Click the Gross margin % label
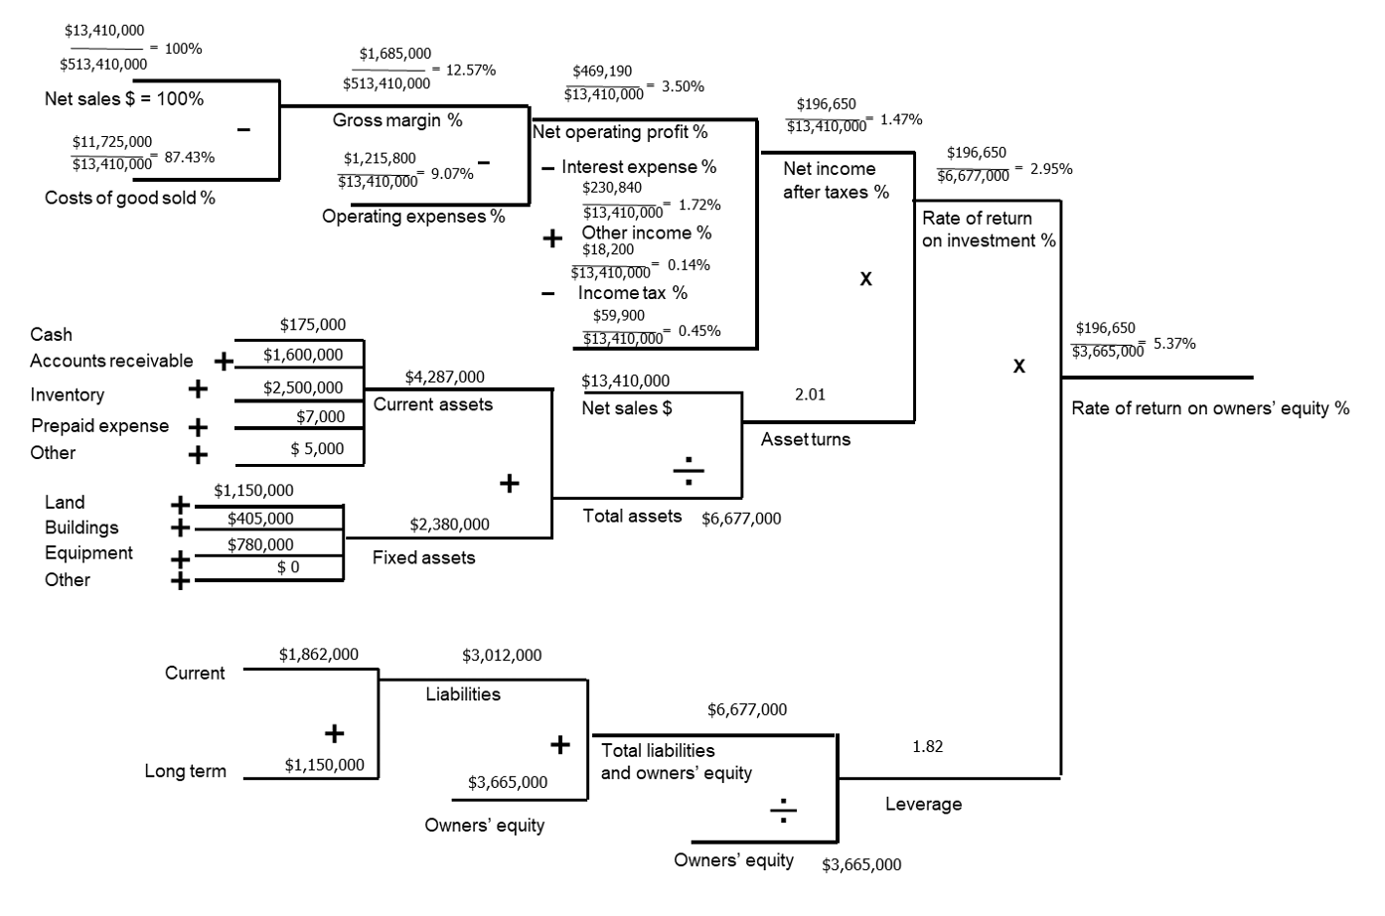click(x=397, y=120)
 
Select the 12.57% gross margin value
click(x=471, y=70)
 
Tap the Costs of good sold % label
click(x=130, y=198)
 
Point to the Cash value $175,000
click(x=313, y=325)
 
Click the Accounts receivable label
click(x=111, y=361)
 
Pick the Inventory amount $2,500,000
click(x=303, y=387)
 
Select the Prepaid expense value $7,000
click(x=321, y=417)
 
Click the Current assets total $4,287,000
click(x=445, y=378)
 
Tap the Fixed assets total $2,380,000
click(x=449, y=525)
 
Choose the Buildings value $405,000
click(x=260, y=519)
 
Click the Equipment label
click(x=88, y=553)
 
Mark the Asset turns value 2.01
click(x=810, y=394)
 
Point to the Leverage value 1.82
click(x=927, y=746)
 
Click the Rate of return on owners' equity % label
click(x=1210, y=408)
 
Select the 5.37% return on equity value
click(x=1174, y=344)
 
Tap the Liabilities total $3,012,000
click(x=502, y=656)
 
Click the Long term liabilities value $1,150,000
click(x=324, y=765)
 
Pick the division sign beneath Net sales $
click(x=689, y=470)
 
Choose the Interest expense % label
click(x=638, y=167)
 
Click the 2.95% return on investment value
click(x=1051, y=169)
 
